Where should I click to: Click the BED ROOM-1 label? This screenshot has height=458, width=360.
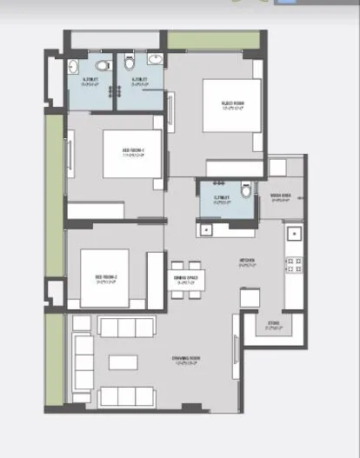coord(133,149)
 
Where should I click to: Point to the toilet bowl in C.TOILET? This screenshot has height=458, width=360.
coord(245,189)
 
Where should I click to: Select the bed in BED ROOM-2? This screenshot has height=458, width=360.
coord(104,277)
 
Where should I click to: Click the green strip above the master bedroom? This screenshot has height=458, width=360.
coord(214,40)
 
